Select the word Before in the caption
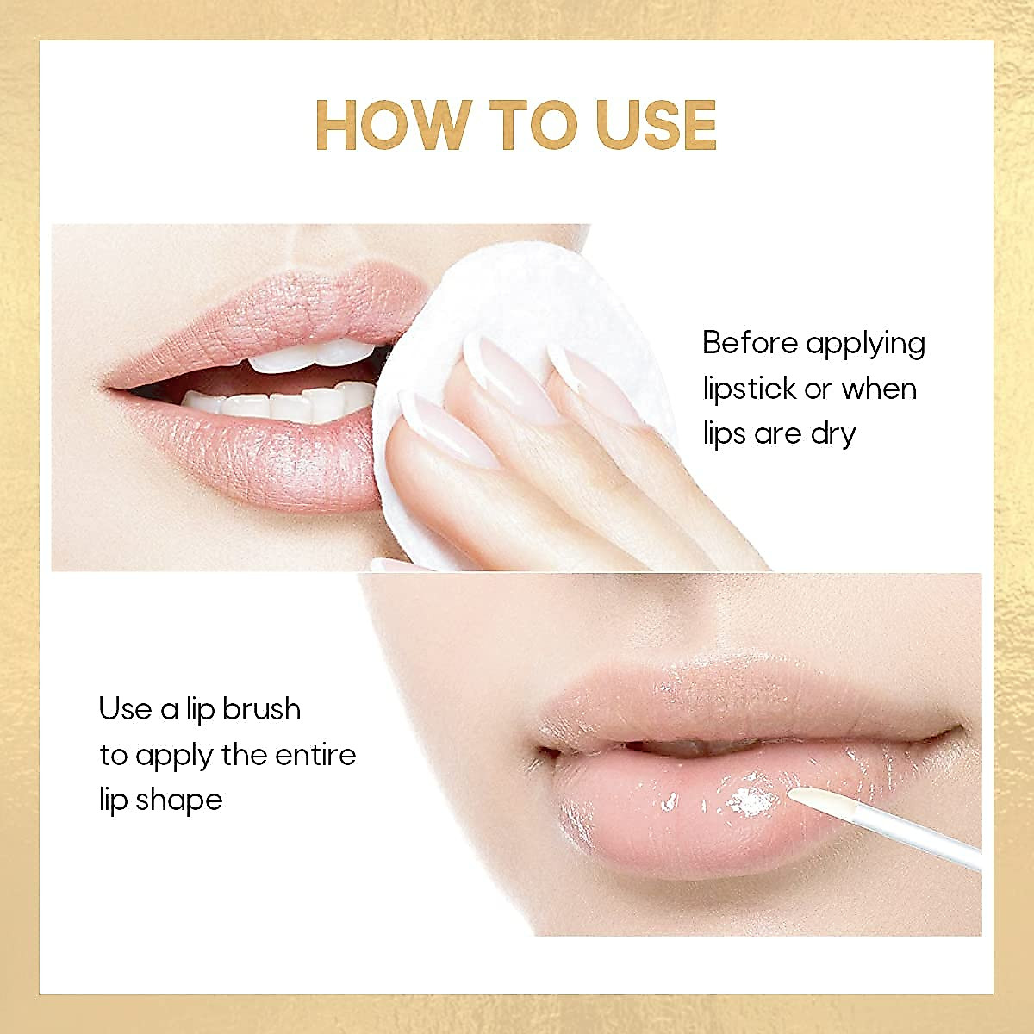point(750,343)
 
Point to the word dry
point(832,434)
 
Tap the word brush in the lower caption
point(261,709)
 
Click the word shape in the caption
point(181,800)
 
